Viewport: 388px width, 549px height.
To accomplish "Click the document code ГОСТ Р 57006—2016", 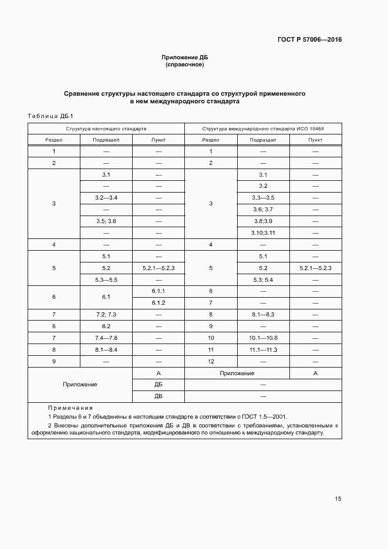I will click(309, 40).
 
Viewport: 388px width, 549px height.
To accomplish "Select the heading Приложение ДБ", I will click(185, 58).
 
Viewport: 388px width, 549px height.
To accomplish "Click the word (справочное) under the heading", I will click(185, 65).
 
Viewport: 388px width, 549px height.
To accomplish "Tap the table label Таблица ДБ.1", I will click(50, 116).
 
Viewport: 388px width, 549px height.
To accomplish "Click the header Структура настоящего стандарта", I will click(106, 128).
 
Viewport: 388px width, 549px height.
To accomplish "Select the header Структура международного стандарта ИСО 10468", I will click(263, 128).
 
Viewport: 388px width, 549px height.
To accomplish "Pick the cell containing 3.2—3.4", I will click(106, 197).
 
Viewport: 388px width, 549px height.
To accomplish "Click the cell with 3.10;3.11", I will click(263, 233).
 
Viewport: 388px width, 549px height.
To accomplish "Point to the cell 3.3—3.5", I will click(263, 197).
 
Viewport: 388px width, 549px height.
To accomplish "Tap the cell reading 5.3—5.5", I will click(106, 279).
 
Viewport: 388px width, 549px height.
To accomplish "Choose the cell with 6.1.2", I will click(158, 303).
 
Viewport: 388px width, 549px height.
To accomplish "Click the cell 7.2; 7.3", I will click(106, 315).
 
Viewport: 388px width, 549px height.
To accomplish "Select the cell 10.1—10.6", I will click(263, 338).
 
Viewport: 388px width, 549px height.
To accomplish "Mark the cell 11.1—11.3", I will click(263, 350).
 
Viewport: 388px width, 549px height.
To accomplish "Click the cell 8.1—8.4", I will click(106, 350).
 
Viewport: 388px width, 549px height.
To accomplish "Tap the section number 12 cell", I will click(211, 362).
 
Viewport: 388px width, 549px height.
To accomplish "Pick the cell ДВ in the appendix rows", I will click(158, 396).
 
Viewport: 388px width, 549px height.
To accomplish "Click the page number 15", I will click(338, 499).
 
